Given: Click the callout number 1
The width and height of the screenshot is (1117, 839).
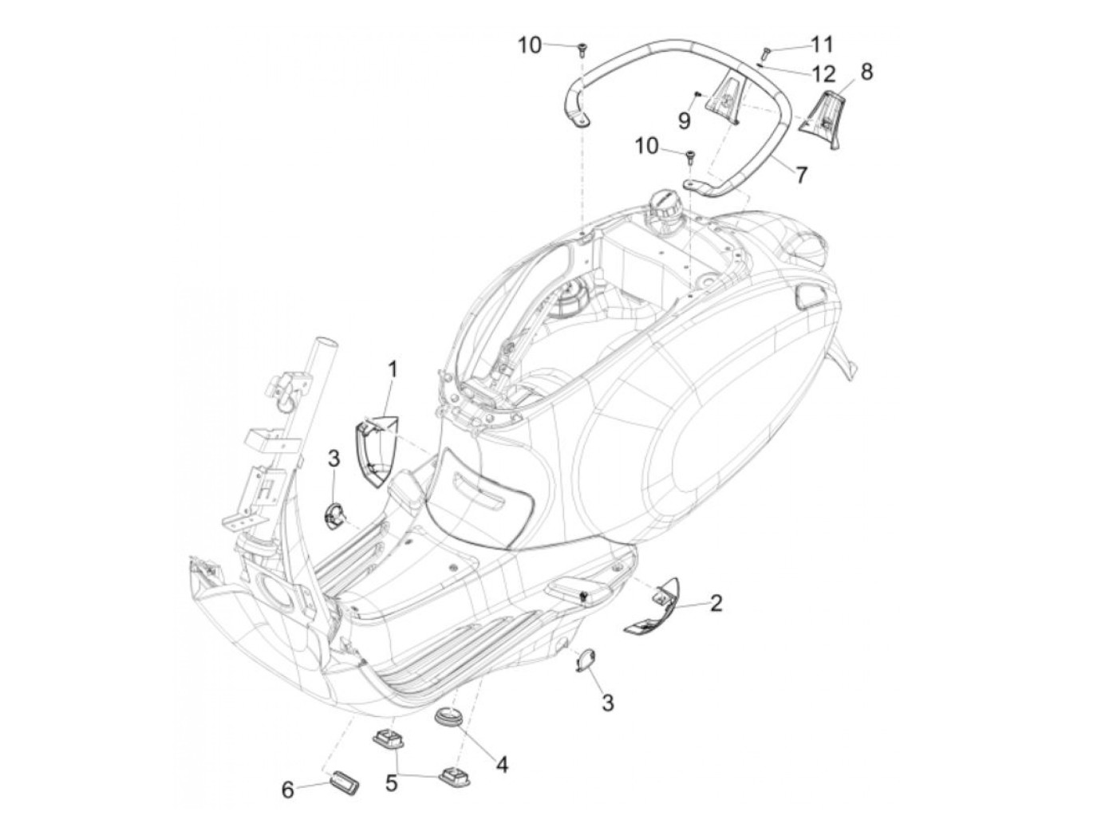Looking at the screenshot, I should [393, 368].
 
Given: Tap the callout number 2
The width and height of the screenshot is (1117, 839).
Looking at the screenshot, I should [716, 603].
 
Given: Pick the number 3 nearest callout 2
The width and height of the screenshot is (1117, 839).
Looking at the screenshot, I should [607, 703].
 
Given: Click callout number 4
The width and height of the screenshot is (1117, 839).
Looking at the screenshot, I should [502, 763].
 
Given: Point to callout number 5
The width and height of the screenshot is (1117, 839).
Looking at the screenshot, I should [392, 784].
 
